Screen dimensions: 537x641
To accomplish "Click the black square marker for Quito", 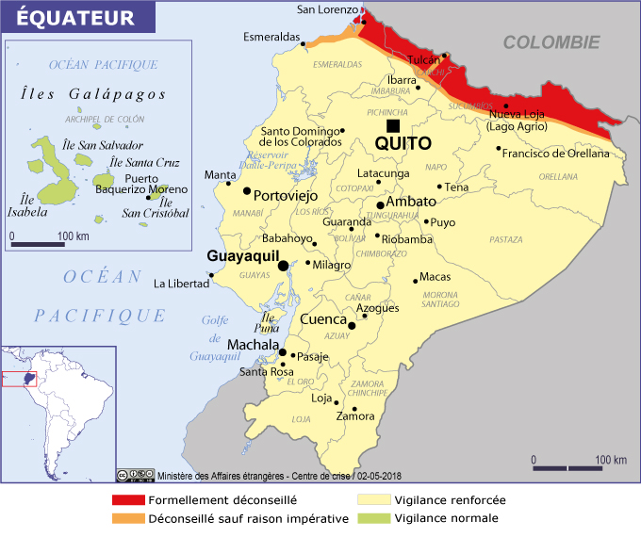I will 392,126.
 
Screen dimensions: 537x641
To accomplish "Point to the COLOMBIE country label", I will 551,42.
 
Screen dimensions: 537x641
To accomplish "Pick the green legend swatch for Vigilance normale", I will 374,518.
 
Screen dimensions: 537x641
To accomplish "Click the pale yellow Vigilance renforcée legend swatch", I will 374,500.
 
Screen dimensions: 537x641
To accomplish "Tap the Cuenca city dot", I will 352,326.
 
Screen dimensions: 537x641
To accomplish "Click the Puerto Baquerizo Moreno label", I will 141,184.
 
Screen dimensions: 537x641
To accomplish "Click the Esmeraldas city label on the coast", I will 270,39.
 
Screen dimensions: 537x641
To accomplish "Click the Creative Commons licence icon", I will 135,476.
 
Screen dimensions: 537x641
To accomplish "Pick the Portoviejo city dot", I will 247,191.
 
